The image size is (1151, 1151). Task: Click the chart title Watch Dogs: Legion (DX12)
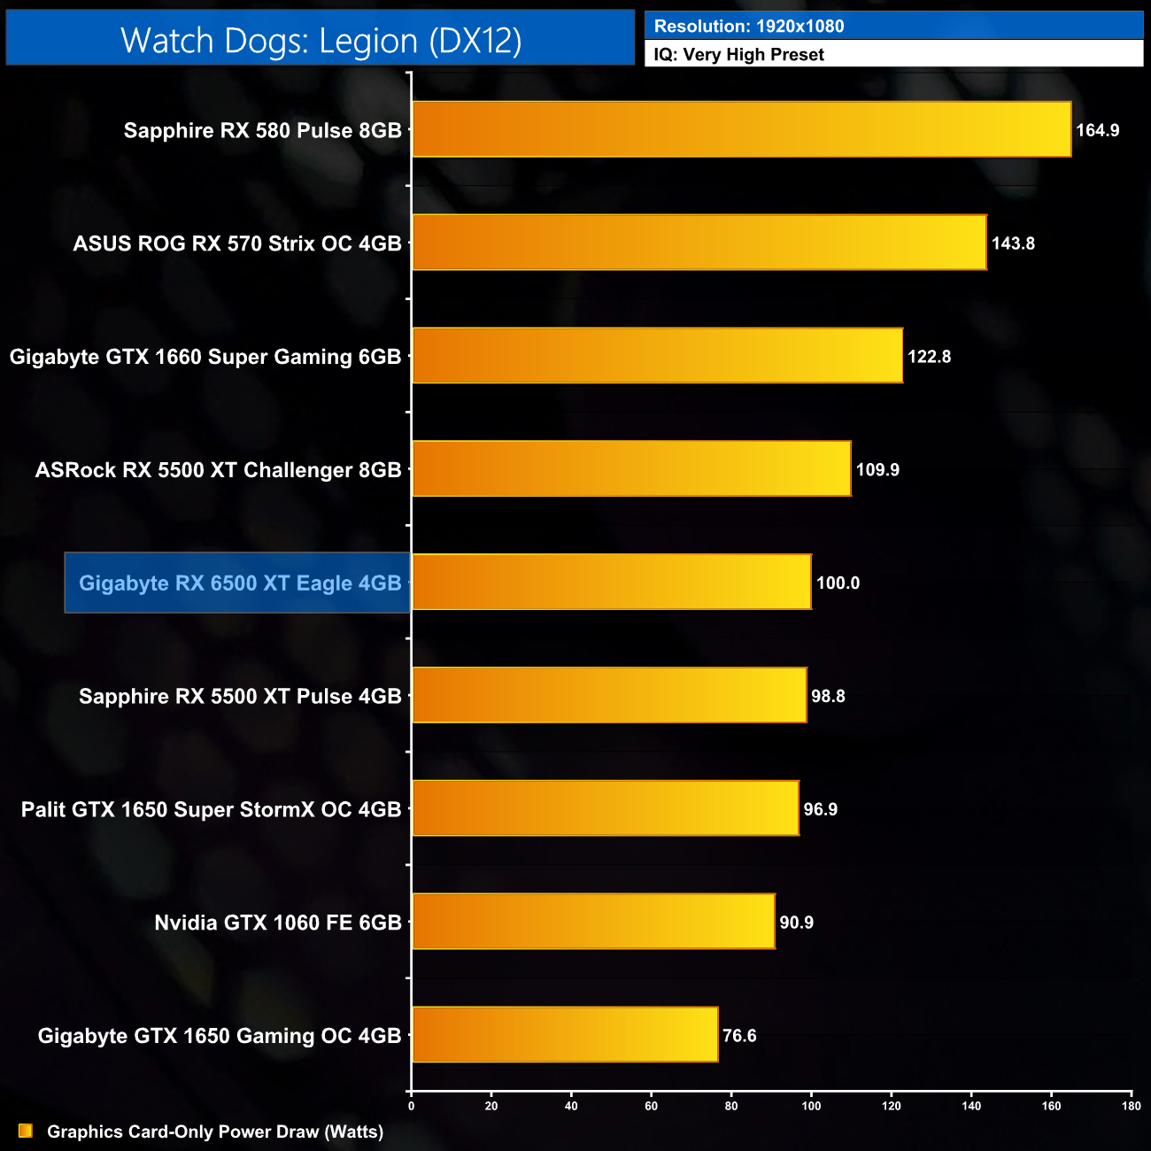click(321, 41)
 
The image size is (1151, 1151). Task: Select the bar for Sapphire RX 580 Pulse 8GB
click(741, 129)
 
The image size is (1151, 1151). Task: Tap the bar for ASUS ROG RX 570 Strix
click(699, 243)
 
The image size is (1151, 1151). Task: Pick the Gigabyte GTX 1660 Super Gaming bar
click(657, 356)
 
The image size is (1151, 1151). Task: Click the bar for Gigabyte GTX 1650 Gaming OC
click(565, 1034)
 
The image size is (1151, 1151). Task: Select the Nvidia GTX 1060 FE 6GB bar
click(593, 922)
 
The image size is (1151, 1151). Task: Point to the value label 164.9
click(1097, 130)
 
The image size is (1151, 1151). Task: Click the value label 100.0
click(838, 583)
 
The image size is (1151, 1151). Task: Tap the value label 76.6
click(739, 1035)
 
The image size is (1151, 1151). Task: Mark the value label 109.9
click(877, 469)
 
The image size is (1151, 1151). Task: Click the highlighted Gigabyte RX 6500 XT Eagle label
click(240, 583)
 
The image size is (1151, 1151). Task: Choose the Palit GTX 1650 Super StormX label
click(211, 809)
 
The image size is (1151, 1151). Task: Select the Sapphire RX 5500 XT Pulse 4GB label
click(240, 696)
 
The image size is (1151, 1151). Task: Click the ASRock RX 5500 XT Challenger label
click(218, 469)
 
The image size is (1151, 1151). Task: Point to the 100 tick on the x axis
click(811, 1105)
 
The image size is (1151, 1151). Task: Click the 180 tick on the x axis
click(1131, 1105)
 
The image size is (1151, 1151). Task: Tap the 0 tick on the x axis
click(411, 1105)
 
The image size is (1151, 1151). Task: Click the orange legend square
click(26, 1131)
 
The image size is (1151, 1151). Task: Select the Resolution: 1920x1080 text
click(748, 26)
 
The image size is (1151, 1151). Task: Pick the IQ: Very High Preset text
click(738, 54)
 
